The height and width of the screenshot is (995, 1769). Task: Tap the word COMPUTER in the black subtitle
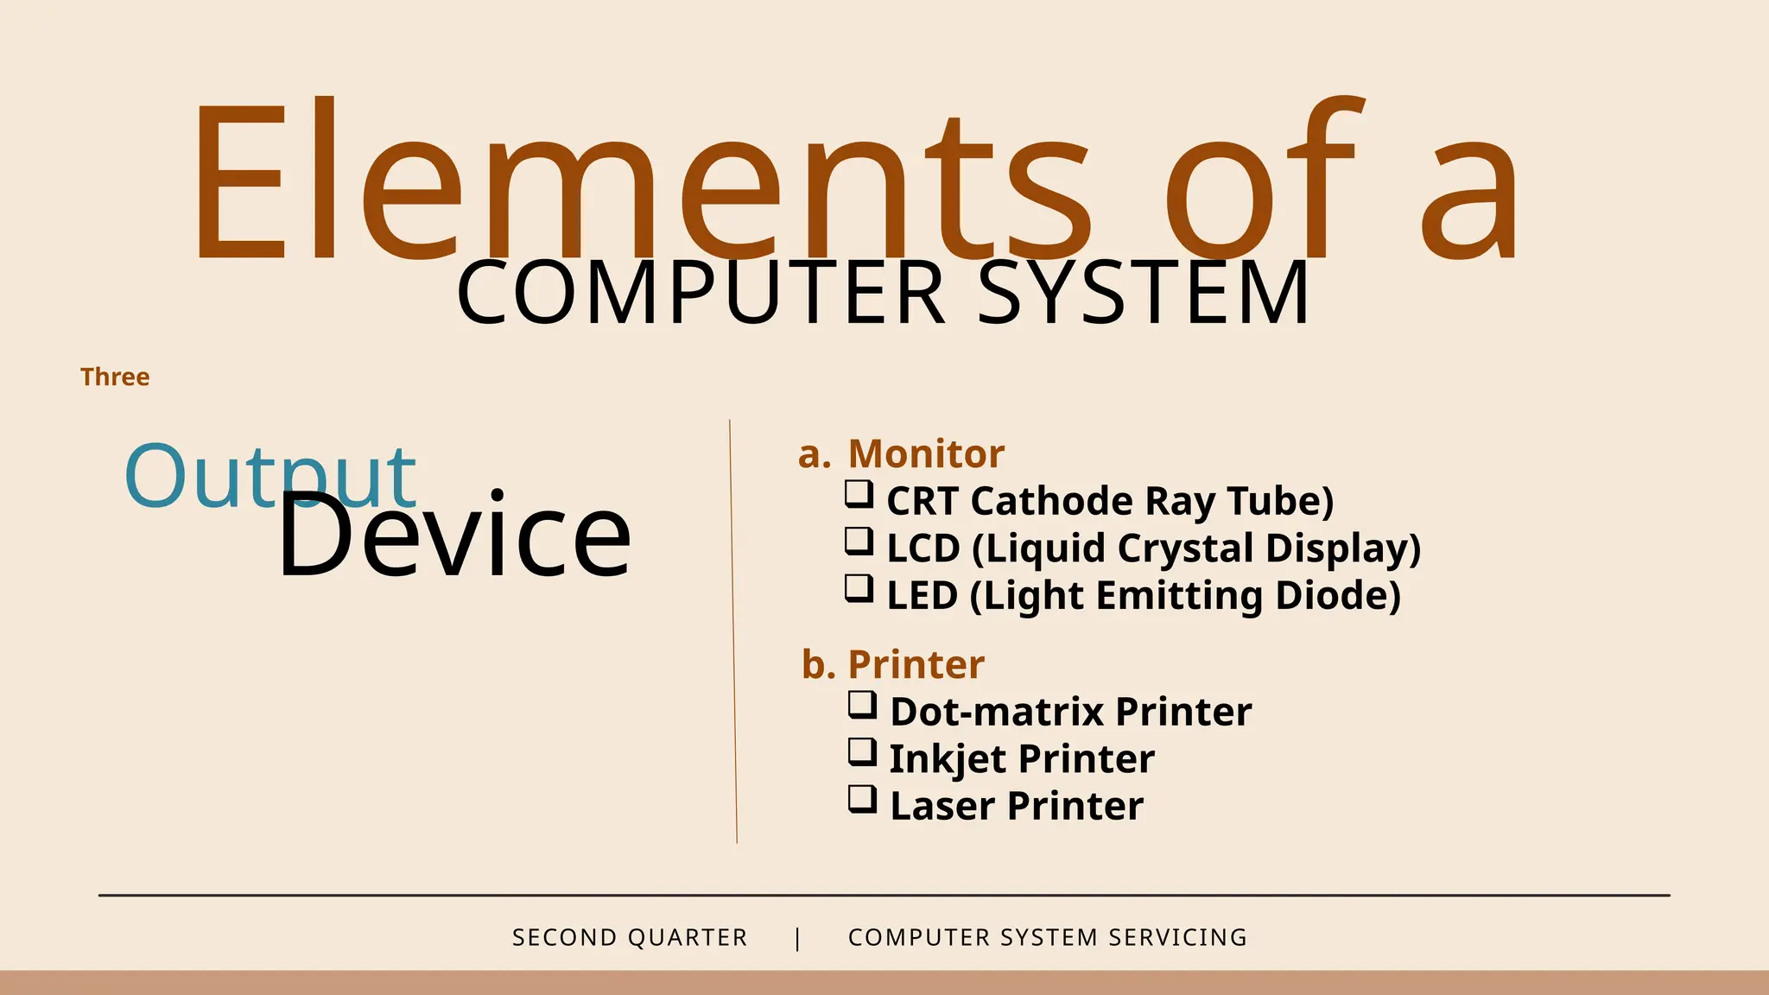[701, 294]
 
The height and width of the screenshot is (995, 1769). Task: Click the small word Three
[115, 377]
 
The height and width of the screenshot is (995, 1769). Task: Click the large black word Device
[454, 536]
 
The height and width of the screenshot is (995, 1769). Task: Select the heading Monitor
[926, 453]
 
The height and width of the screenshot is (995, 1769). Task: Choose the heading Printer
[916, 664]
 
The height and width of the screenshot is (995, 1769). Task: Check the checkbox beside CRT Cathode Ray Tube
[859, 495]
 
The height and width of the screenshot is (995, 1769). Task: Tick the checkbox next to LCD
[859, 542]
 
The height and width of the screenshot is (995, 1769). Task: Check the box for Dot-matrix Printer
[862, 705]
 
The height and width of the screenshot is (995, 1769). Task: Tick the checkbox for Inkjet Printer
[862, 752]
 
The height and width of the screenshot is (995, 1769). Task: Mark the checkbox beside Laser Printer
[862, 800]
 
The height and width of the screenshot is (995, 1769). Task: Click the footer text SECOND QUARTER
[630, 937]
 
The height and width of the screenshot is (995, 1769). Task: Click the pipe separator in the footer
[797, 937]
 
